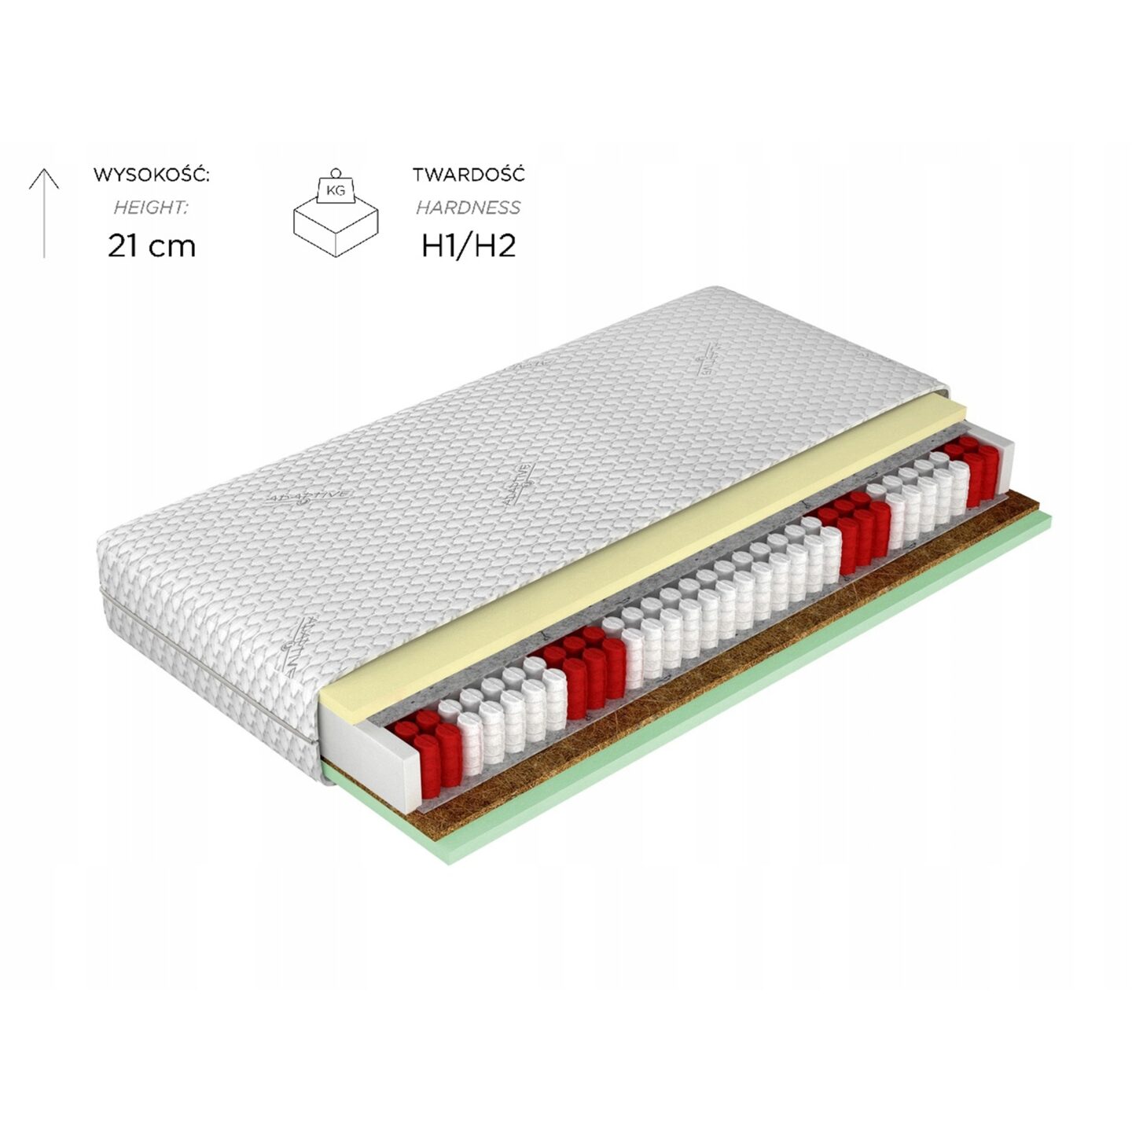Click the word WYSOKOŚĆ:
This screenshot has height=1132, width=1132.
(x=151, y=175)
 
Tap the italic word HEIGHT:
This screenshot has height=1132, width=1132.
(x=151, y=208)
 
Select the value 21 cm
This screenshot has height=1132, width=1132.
(x=151, y=246)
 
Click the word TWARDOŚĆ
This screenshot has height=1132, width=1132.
(x=469, y=175)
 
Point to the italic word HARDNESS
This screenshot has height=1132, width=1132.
(x=469, y=208)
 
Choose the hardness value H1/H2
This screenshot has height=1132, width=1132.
(x=469, y=246)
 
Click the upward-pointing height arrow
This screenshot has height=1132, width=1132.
(x=44, y=212)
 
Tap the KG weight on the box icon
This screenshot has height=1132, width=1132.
(x=336, y=189)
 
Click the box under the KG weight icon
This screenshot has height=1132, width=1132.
(x=336, y=228)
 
